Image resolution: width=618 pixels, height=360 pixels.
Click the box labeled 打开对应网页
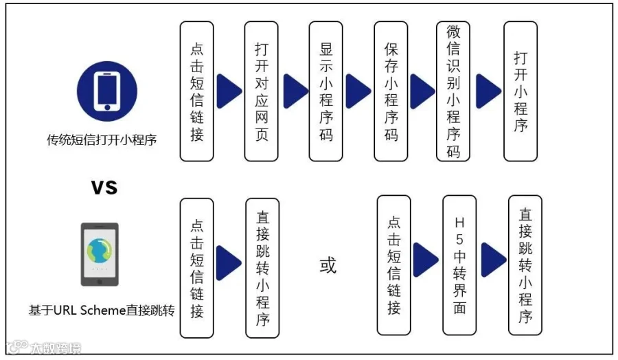(x=262, y=91)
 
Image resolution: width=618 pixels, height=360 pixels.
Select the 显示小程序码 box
(x=326, y=91)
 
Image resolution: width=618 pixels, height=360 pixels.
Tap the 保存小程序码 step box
(x=391, y=91)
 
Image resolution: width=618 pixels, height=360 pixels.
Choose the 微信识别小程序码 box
(x=453, y=91)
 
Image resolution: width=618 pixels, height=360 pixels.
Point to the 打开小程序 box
(x=520, y=91)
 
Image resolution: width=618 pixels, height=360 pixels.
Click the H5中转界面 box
(x=459, y=265)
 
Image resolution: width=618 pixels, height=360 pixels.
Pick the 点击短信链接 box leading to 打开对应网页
(x=197, y=91)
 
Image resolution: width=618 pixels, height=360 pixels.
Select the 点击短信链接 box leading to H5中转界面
(x=394, y=265)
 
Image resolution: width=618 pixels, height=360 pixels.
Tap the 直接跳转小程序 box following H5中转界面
(x=525, y=265)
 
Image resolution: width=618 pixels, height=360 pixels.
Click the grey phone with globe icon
(x=100, y=254)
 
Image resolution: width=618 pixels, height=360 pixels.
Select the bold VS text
(x=104, y=186)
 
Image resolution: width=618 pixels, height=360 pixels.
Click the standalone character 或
(x=328, y=265)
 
